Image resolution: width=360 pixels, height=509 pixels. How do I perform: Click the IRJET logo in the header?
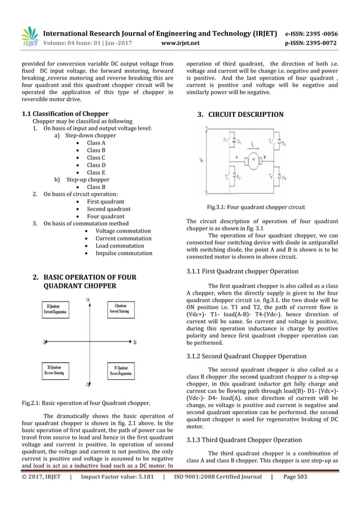pyautogui.click(x=29, y=36)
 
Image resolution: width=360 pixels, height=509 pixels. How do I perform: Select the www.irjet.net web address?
pyautogui.click(x=180, y=42)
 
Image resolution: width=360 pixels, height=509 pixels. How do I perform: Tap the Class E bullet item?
pyautogui.click(x=95, y=172)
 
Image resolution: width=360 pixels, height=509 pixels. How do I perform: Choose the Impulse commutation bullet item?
pyautogui.click(x=124, y=253)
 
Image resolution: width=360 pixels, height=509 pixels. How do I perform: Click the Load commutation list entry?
pyautogui.click(x=120, y=245)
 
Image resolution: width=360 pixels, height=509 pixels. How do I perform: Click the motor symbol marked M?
pyautogui.click(x=253, y=159)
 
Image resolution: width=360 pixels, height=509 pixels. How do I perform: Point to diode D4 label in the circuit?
pyautogui.click(x=283, y=178)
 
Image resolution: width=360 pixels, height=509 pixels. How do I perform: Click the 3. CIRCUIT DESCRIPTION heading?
pyautogui.click(x=240, y=115)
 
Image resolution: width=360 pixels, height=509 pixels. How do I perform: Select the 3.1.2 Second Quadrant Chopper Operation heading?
pyautogui.click(x=246, y=356)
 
